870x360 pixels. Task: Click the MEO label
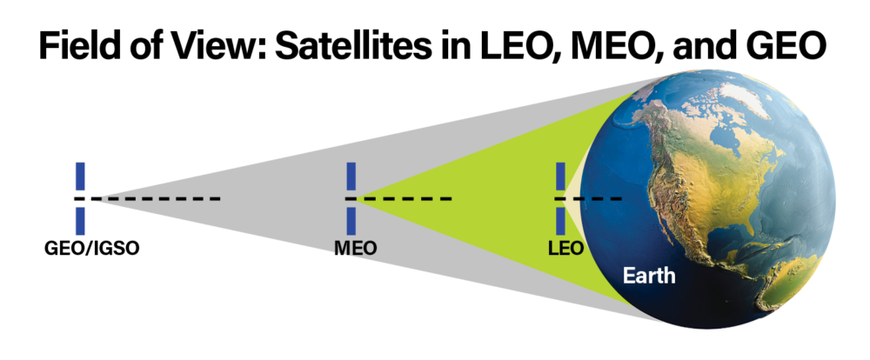click(x=356, y=248)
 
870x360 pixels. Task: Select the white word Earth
click(x=649, y=277)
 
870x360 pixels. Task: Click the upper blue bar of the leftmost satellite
click(x=81, y=176)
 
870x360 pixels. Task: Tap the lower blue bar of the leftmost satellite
click(x=81, y=220)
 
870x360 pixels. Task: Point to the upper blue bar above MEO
click(x=351, y=176)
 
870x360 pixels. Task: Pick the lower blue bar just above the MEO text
click(x=351, y=220)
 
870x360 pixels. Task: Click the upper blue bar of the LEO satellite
click(x=560, y=176)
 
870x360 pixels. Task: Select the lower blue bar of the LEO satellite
click(x=560, y=220)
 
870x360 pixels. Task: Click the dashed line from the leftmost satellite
click(x=157, y=199)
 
